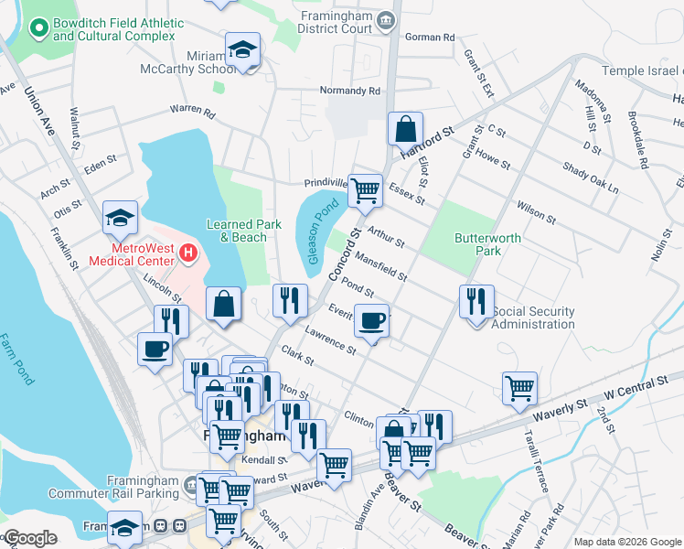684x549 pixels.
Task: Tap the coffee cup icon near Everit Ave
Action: pyautogui.click(x=371, y=320)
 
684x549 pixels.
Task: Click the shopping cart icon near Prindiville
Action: pyautogui.click(x=365, y=190)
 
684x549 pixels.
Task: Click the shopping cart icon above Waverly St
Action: pyautogui.click(x=519, y=387)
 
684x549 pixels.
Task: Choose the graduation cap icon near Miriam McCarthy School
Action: pyautogui.click(x=243, y=48)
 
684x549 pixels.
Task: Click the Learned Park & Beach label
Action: pyautogui.click(x=237, y=231)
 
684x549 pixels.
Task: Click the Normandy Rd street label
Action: pyautogui.click(x=349, y=91)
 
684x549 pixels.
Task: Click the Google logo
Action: pyautogui.click(x=30, y=538)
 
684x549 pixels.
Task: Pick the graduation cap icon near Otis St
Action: pyautogui.click(x=120, y=217)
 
